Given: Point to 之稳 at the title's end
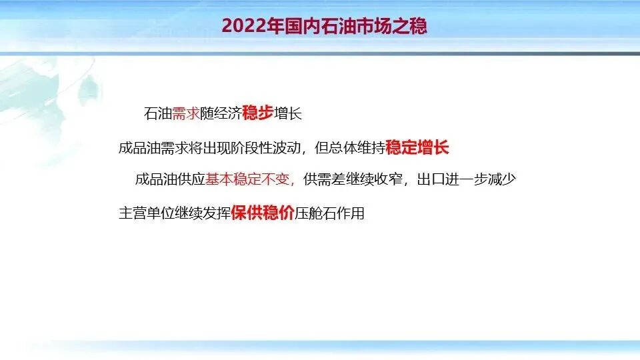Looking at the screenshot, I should coord(411,26).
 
